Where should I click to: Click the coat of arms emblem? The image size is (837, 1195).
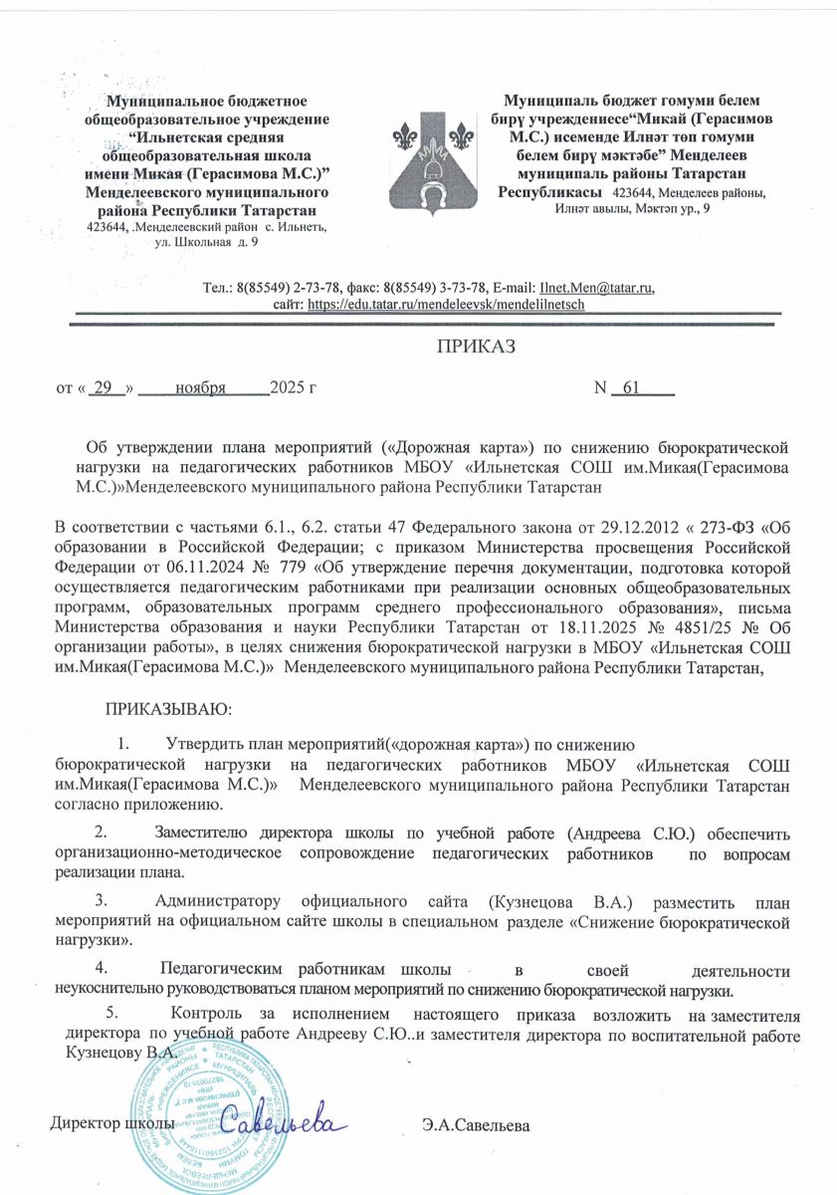[433, 156]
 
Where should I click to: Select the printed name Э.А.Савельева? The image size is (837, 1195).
[476, 1126]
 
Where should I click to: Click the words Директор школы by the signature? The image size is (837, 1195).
[112, 1124]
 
